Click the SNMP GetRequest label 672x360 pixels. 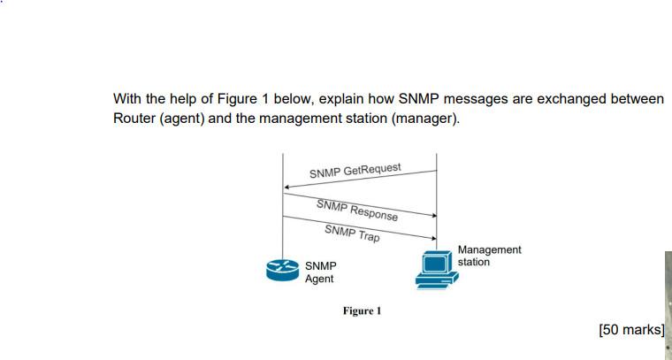click(355, 170)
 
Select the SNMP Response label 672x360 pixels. click(357, 210)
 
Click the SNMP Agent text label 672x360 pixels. click(319, 272)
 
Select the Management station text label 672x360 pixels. click(489, 256)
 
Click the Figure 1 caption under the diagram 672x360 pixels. click(362, 311)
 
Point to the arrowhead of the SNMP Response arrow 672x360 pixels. click(434, 215)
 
